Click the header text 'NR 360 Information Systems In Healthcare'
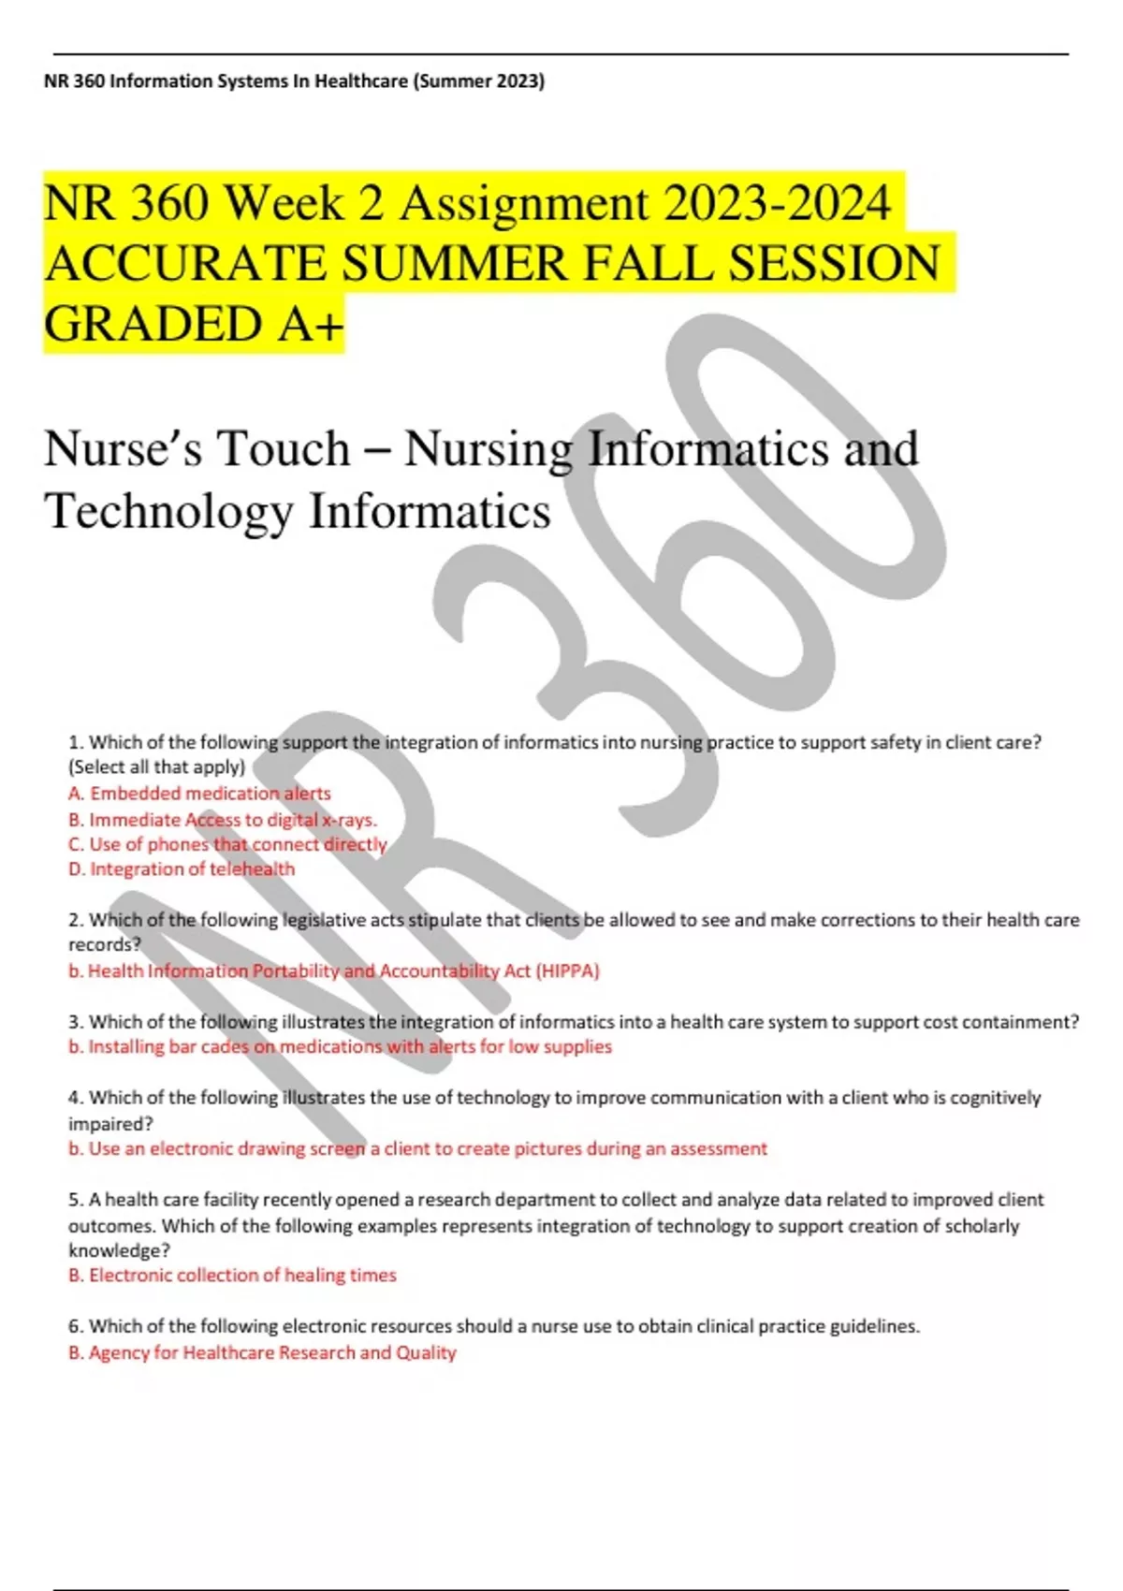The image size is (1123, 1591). coord(226,81)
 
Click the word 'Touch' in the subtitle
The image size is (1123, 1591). coord(284,448)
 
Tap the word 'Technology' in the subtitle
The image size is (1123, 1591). coord(168,511)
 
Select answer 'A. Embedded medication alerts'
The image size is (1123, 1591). coord(199,794)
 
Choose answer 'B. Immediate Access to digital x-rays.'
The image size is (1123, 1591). coord(223,820)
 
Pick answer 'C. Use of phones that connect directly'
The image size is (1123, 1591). coord(227,844)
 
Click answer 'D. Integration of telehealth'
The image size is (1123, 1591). coord(182,869)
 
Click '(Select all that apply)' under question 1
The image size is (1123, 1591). coord(156,767)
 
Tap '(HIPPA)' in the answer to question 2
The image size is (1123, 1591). coord(567,971)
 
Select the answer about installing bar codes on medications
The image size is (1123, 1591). coord(340,1047)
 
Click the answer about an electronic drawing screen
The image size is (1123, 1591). coord(417,1149)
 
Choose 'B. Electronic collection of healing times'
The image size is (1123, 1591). coord(232,1276)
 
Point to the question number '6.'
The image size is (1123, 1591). coord(76,1327)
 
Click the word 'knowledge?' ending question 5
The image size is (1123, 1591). coord(119,1251)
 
